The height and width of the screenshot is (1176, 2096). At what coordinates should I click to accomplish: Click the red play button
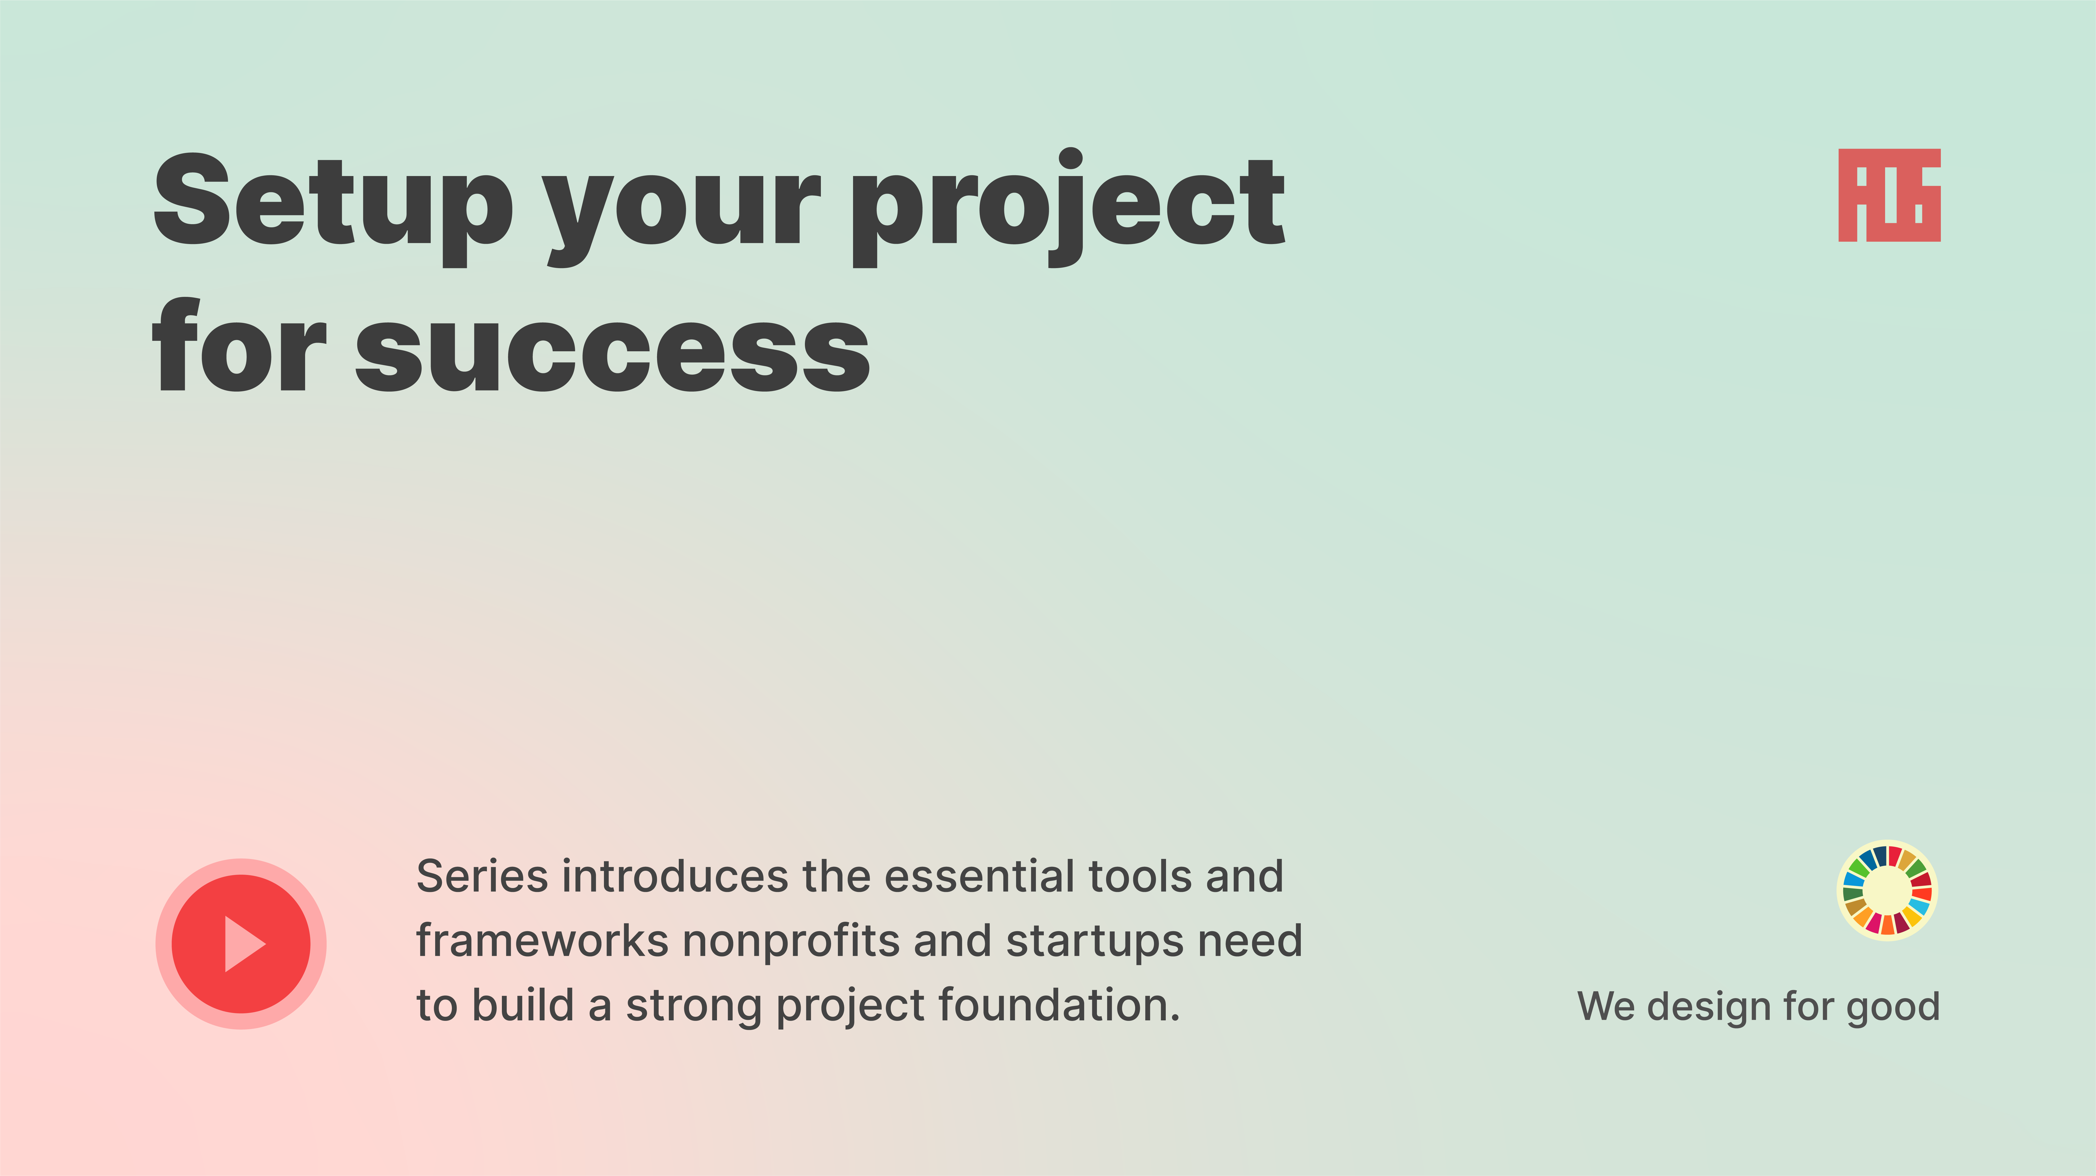[x=241, y=943]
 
